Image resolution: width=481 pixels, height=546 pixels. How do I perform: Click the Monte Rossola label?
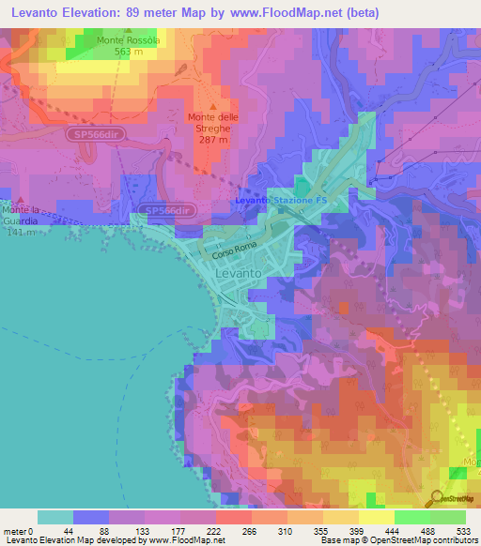[132, 40]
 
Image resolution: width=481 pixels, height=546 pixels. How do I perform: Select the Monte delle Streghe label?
[215, 122]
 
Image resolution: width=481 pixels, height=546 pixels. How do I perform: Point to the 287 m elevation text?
[213, 139]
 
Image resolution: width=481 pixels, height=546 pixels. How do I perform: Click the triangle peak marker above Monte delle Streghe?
[215, 106]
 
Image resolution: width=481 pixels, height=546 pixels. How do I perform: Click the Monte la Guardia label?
[18, 214]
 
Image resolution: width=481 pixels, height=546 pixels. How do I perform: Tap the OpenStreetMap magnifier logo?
[438, 497]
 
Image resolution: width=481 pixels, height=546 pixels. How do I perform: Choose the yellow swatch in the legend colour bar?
[376, 517]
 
